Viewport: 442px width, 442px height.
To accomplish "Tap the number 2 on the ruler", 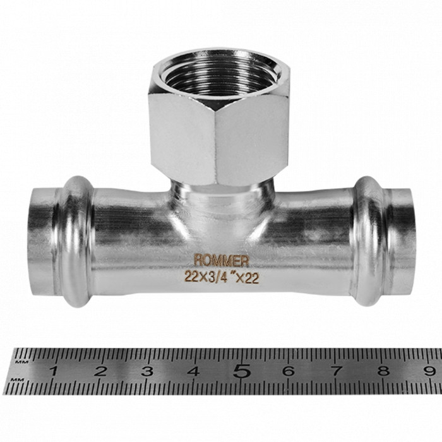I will coord(100,371).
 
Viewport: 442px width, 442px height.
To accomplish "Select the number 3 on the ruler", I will coord(147,371).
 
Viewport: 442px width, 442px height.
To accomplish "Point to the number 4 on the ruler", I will coord(193,371).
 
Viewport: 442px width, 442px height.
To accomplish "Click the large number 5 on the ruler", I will coord(241,371).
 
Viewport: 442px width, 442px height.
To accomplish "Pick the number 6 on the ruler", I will coord(288,371).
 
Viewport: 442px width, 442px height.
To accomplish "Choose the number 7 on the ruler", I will coord(335,371).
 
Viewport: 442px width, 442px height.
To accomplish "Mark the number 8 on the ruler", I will coord(382,371).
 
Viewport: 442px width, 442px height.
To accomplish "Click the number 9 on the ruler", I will coord(429,371).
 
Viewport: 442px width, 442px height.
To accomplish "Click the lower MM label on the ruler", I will coord(21,379).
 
